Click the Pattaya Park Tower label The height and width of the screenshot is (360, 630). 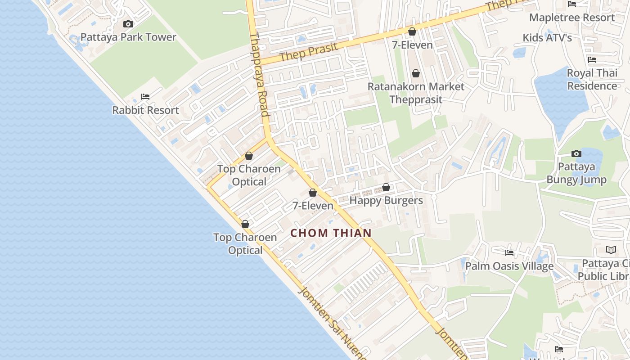pos(128,37)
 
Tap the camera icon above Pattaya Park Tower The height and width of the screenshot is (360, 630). pos(128,24)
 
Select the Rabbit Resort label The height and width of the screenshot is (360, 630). pos(145,110)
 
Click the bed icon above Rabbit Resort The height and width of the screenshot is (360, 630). pos(145,96)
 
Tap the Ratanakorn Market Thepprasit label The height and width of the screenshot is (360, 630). pos(416,93)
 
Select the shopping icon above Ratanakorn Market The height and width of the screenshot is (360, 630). pos(416,73)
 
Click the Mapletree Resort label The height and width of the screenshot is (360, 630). pos(571,18)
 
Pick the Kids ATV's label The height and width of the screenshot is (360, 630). pos(547,38)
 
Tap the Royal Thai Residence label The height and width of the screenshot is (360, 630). pos(592,79)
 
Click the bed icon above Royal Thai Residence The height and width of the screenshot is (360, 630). pos(592,59)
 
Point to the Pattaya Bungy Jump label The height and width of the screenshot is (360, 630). pos(576,173)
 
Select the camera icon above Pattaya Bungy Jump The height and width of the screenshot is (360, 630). pos(576,154)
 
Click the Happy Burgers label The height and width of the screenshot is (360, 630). pos(386,200)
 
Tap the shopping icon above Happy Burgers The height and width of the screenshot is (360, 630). pos(386,187)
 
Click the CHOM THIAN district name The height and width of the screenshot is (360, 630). pos(331,233)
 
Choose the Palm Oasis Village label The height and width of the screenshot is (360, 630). pos(509,266)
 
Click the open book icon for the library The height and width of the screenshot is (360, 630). pos(611,250)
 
